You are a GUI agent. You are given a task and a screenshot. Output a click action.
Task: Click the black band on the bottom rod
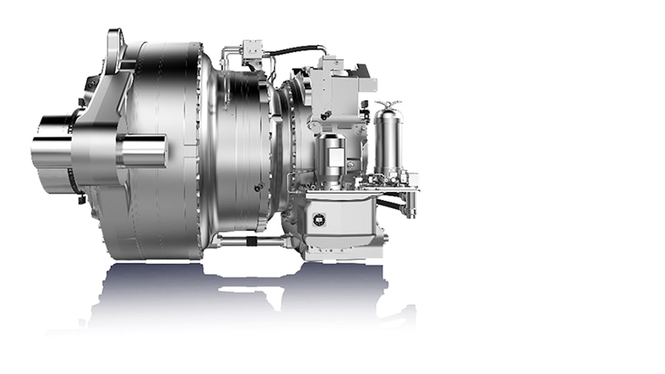252,241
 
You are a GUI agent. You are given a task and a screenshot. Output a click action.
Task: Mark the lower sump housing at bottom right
347,222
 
